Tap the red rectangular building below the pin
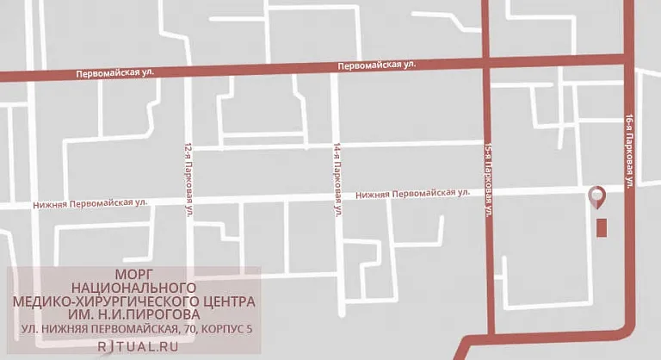tap(602, 227)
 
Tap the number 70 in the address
tap(188, 328)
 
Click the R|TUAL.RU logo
tap(133, 345)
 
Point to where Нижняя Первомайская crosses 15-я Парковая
tap(485, 190)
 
